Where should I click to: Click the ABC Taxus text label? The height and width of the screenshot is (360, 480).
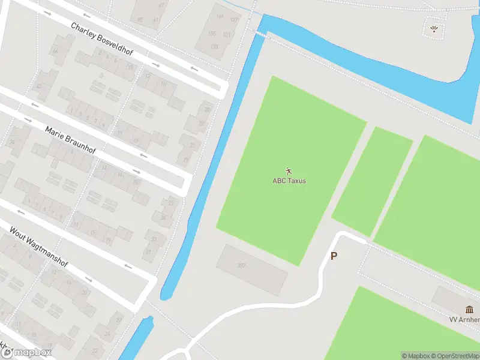(289, 181)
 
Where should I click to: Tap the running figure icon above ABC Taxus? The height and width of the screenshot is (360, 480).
(289, 171)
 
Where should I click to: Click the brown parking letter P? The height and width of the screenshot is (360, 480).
(334, 256)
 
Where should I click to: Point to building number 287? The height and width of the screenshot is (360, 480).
(242, 266)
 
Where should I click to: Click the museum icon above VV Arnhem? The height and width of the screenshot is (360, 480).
(469, 310)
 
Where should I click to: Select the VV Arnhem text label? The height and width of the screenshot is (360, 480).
(465, 320)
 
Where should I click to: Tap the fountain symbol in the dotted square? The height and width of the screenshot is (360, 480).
(434, 28)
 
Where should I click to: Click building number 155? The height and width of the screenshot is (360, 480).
(212, 34)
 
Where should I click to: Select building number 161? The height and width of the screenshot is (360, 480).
(219, 17)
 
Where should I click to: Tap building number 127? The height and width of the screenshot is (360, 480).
(234, 20)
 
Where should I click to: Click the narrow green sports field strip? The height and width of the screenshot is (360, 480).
(372, 180)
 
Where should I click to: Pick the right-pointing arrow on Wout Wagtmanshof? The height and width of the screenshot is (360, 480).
(88, 280)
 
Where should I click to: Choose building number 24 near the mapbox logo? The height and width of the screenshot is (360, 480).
(107, 333)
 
